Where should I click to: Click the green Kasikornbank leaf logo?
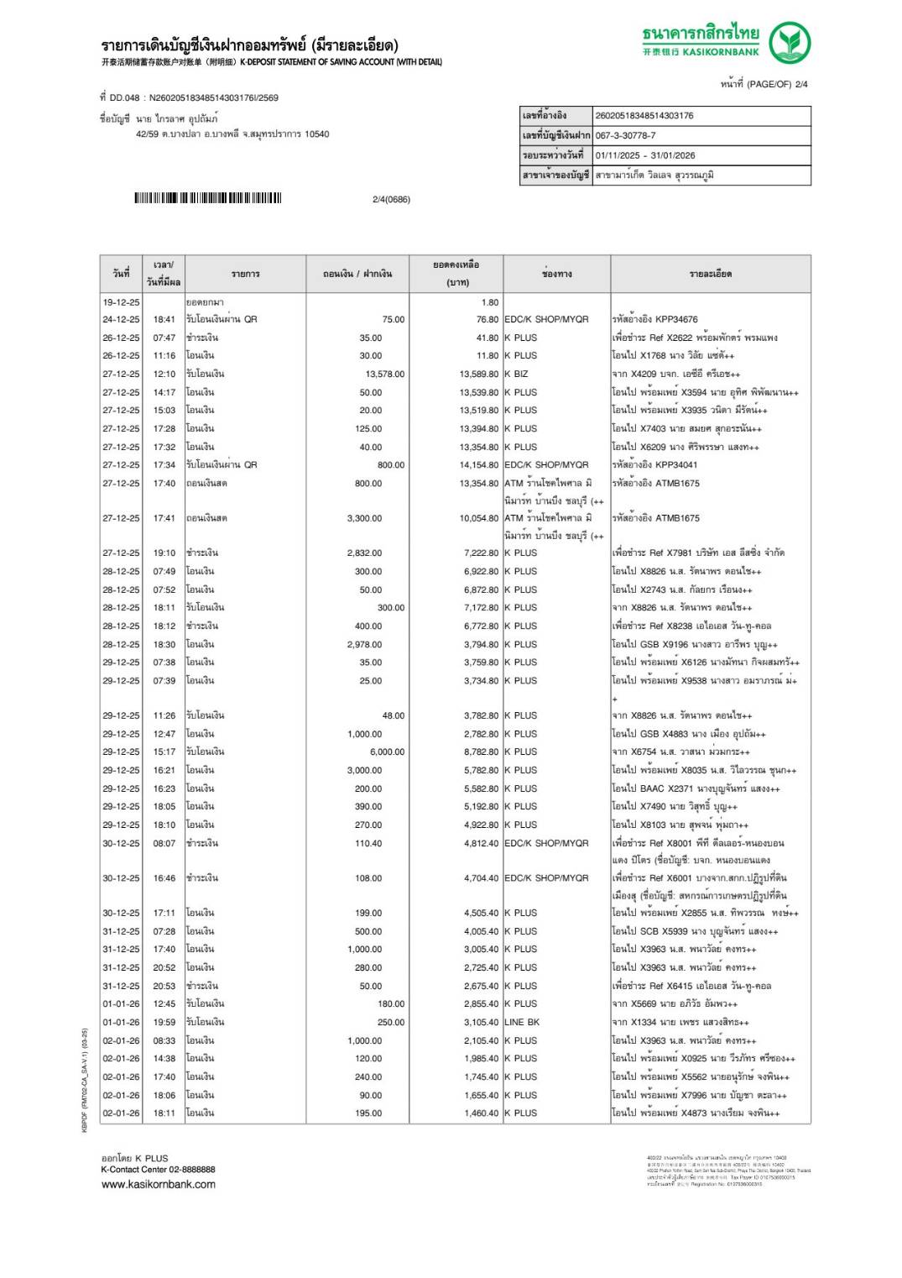[790, 43]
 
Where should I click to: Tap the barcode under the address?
[208, 199]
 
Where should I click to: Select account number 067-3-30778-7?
[626, 135]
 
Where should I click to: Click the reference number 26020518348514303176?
[644, 116]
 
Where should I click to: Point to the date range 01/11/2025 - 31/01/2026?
[645, 155]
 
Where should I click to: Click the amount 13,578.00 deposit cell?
[384, 374]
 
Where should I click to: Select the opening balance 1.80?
[490, 302]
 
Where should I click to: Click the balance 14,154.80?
[478, 465]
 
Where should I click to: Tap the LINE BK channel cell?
[522, 1023]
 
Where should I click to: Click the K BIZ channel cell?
[517, 374]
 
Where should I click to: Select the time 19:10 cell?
[164, 553]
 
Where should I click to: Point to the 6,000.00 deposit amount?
[387, 752]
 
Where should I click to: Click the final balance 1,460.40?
[481, 1113]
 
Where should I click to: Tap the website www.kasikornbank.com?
[159, 1185]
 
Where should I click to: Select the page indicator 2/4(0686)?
[391, 200]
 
